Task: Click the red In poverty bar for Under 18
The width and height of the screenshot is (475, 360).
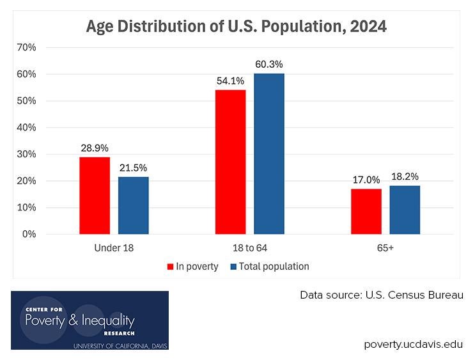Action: (95, 196)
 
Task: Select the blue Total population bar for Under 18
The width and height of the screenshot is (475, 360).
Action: (133, 205)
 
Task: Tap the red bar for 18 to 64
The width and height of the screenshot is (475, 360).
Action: (230, 162)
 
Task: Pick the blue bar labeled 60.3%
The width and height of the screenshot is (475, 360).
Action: (269, 153)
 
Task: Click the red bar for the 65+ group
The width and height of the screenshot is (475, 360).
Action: (366, 212)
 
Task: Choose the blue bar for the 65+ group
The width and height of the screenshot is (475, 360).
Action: (405, 210)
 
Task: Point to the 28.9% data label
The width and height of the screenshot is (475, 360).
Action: (95, 148)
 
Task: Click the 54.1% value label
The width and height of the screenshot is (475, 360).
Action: (230, 81)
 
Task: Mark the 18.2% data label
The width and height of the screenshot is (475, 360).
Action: (405, 176)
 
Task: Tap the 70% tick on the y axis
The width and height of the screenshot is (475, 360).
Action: (27, 47)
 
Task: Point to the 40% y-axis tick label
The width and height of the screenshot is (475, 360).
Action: (27, 127)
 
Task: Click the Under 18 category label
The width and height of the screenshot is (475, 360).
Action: (113, 247)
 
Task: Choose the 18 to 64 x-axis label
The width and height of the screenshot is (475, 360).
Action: (249, 247)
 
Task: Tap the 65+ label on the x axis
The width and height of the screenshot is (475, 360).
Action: (385, 247)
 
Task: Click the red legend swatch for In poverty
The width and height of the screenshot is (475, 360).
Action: (171, 267)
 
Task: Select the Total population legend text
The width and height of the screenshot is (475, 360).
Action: (274, 267)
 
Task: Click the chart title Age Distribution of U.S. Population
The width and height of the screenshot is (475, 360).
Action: (237, 27)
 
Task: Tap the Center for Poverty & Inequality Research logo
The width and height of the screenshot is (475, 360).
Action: (90, 320)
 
